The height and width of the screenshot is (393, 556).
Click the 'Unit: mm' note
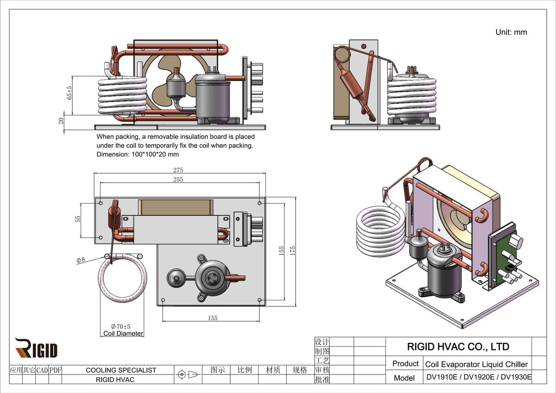pyautogui.click(x=511, y=32)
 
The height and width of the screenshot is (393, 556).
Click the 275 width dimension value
pyautogui.click(x=178, y=170)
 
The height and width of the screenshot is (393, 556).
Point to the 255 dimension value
pyautogui.click(x=178, y=179)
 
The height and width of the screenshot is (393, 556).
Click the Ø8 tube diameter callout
pyautogui.click(x=81, y=260)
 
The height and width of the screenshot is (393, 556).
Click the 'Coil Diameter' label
pyautogui.click(x=123, y=333)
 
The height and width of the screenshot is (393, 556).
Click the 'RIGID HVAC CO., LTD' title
pyautogui.click(x=458, y=347)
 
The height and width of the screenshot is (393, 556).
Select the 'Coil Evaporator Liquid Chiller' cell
pyautogui.click(x=476, y=364)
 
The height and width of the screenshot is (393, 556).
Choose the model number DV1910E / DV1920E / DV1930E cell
pyautogui.click(x=479, y=378)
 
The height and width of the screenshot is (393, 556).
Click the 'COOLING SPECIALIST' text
pyautogui.click(x=121, y=370)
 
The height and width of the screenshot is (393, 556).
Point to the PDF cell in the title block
pyautogui.click(x=56, y=370)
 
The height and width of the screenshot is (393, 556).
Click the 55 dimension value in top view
pyautogui.click(x=78, y=219)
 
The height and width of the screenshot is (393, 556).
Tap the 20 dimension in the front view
pyautogui.click(x=61, y=120)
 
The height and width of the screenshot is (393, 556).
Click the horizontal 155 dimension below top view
pyautogui.click(x=212, y=318)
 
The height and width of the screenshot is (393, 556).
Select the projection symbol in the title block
pyautogui.click(x=188, y=374)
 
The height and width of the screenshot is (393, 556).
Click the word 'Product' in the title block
pyautogui.click(x=405, y=364)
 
